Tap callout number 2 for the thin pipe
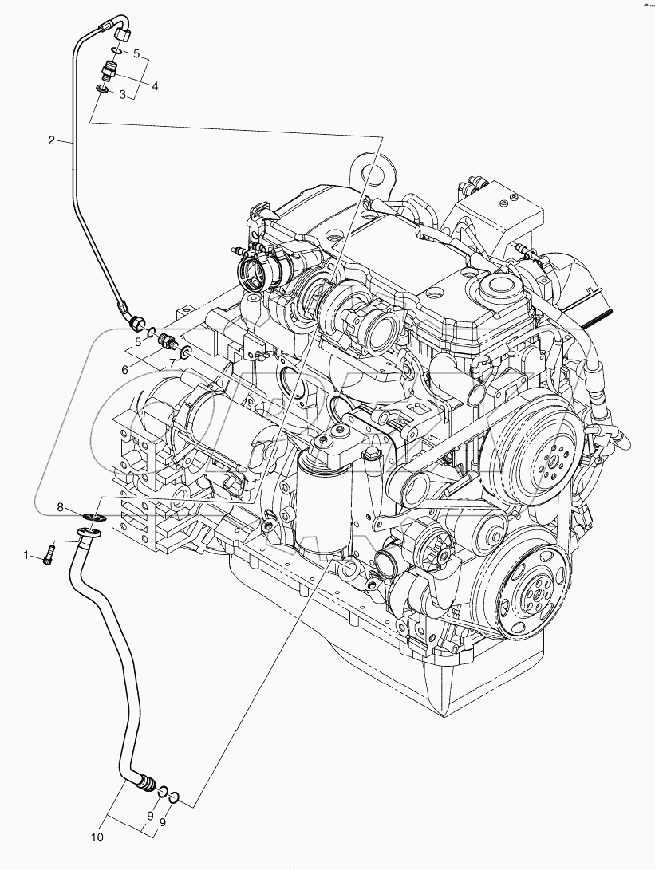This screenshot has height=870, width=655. (x=52, y=141)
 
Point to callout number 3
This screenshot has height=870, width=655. (x=122, y=95)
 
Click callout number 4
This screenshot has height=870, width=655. (x=155, y=85)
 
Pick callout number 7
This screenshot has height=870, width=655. (x=172, y=364)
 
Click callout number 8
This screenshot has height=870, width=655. (x=60, y=506)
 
